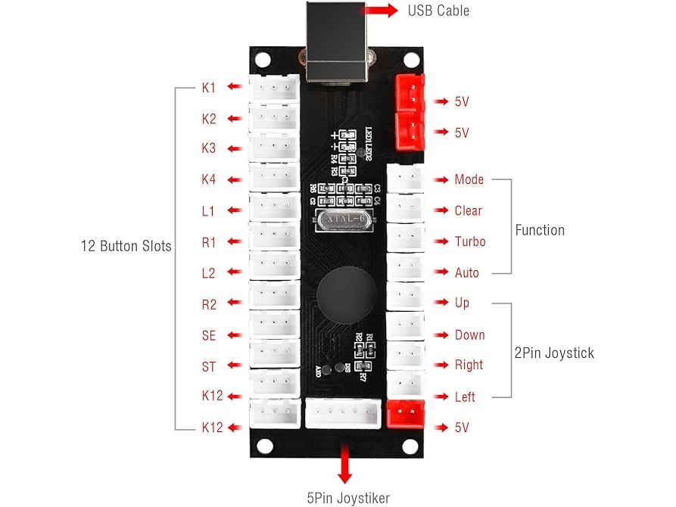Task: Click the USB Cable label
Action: pyautogui.click(x=438, y=11)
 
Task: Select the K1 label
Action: pyautogui.click(x=209, y=88)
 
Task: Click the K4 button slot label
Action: pyautogui.click(x=209, y=180)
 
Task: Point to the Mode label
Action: pyautogui.click(x=469, y=180)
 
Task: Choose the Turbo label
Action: pyautogui.click(x=469, y=241)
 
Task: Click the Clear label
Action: pyautogui.click(x=468, y=210)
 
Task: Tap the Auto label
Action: pyautogui.click(x=466, y=272)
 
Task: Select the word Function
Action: pyautogui.click(x=540, y=230)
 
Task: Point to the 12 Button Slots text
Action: pyautogui.click(x=126, y=246)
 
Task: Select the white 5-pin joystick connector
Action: pyautogui.click(x=343, y=413)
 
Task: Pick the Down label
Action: pyautogui.click(x=469, y=334)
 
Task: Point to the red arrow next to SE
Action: pyautogui.click(x=237, y=335)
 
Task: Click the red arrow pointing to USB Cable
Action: pyautogui.click(x=382, y=11)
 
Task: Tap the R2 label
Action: pyautogui.click(x=209, y=305)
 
